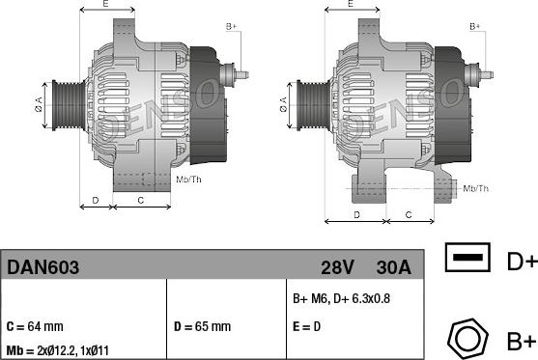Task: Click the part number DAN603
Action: tap(42, 267)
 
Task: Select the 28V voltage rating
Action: tap(337, 267)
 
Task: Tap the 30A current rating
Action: tap(393, 267)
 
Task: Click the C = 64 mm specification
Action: tap(35, 326)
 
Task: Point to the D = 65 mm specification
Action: tap(202, 326)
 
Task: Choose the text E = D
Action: tap(306, 326)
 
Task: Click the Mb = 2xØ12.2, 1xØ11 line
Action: tap(58, 350)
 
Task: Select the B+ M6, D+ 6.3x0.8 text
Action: tap(341, 298)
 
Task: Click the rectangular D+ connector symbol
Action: tap(467, 257)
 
